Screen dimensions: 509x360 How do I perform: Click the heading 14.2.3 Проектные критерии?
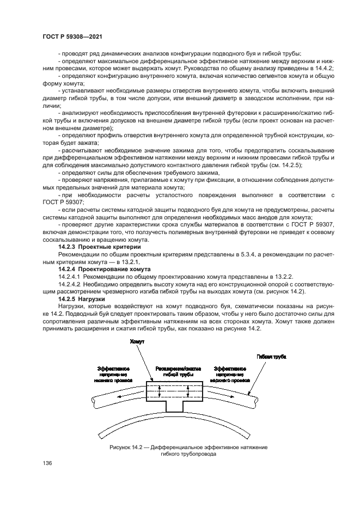[x=95, y=247]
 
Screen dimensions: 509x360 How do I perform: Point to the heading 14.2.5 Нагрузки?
[x=82, y=299]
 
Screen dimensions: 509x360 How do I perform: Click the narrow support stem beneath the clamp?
[x=174, y=406]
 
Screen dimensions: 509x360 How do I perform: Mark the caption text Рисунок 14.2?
[x=128, y=446]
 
